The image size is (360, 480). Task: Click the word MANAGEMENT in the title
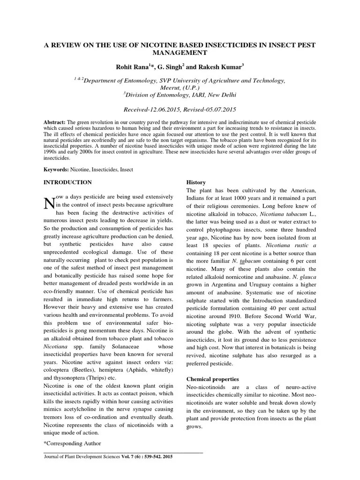tap(180, 54)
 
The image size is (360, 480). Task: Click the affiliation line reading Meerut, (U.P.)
tap(180, 87)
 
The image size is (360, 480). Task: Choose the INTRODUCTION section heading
tap(67, 182)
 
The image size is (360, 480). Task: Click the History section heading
tap(196, 182)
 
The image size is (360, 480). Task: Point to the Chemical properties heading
tap(213, 379)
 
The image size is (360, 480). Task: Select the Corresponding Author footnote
tap(72, 443)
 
